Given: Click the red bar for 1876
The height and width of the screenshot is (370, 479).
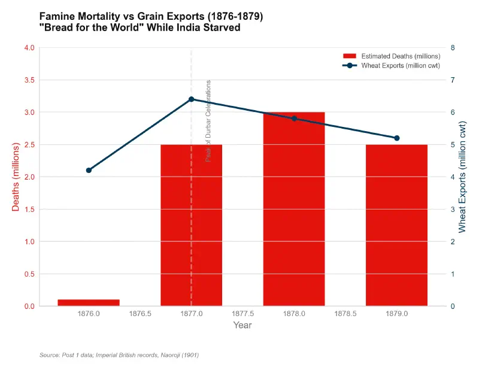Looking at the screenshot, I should point(89,302).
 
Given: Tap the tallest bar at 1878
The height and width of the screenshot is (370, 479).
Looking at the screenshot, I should point(294,209).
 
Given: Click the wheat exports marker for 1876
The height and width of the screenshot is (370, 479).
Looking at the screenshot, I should point(89,171).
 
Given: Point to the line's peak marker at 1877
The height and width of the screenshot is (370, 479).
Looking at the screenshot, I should point(191,99).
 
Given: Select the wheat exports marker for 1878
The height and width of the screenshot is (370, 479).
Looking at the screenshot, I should point(294,119).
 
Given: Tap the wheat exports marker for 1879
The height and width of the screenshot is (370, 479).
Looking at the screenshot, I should point(396,138).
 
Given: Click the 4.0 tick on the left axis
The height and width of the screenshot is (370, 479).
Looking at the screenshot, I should point(28,48).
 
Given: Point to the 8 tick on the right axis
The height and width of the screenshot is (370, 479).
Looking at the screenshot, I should point(453,48).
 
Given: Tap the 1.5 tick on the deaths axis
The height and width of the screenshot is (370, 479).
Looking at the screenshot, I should point(28,210).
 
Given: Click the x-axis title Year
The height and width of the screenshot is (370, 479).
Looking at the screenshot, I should point(242,326).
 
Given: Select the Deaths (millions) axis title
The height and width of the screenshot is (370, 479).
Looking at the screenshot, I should point(16,177).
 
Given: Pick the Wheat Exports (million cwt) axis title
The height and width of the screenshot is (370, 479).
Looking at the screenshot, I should point(462,177).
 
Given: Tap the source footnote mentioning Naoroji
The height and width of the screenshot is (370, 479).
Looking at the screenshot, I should point(119,355).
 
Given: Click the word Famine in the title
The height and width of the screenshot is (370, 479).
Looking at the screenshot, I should point(56,17).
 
